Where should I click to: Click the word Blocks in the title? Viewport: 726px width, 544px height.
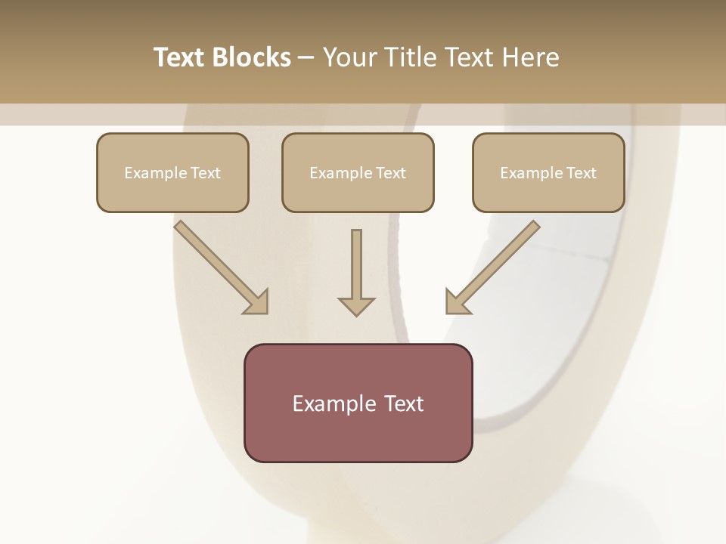[x=251, y=57]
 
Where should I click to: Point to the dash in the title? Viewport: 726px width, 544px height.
[x=306, y=57]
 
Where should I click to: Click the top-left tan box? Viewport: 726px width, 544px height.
[x=172, y=172]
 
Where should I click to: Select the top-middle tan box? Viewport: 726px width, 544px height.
[x=358, y=172]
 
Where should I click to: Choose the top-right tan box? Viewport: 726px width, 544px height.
[x=548, y=172]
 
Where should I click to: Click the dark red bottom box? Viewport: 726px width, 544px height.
[x=358, y=403]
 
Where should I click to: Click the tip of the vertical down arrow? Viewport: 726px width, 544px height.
[x=356, y=314]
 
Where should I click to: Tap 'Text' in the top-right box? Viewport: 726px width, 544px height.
[x=581, y=173]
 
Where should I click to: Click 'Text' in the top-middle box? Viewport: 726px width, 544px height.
[x=390, y=173]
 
